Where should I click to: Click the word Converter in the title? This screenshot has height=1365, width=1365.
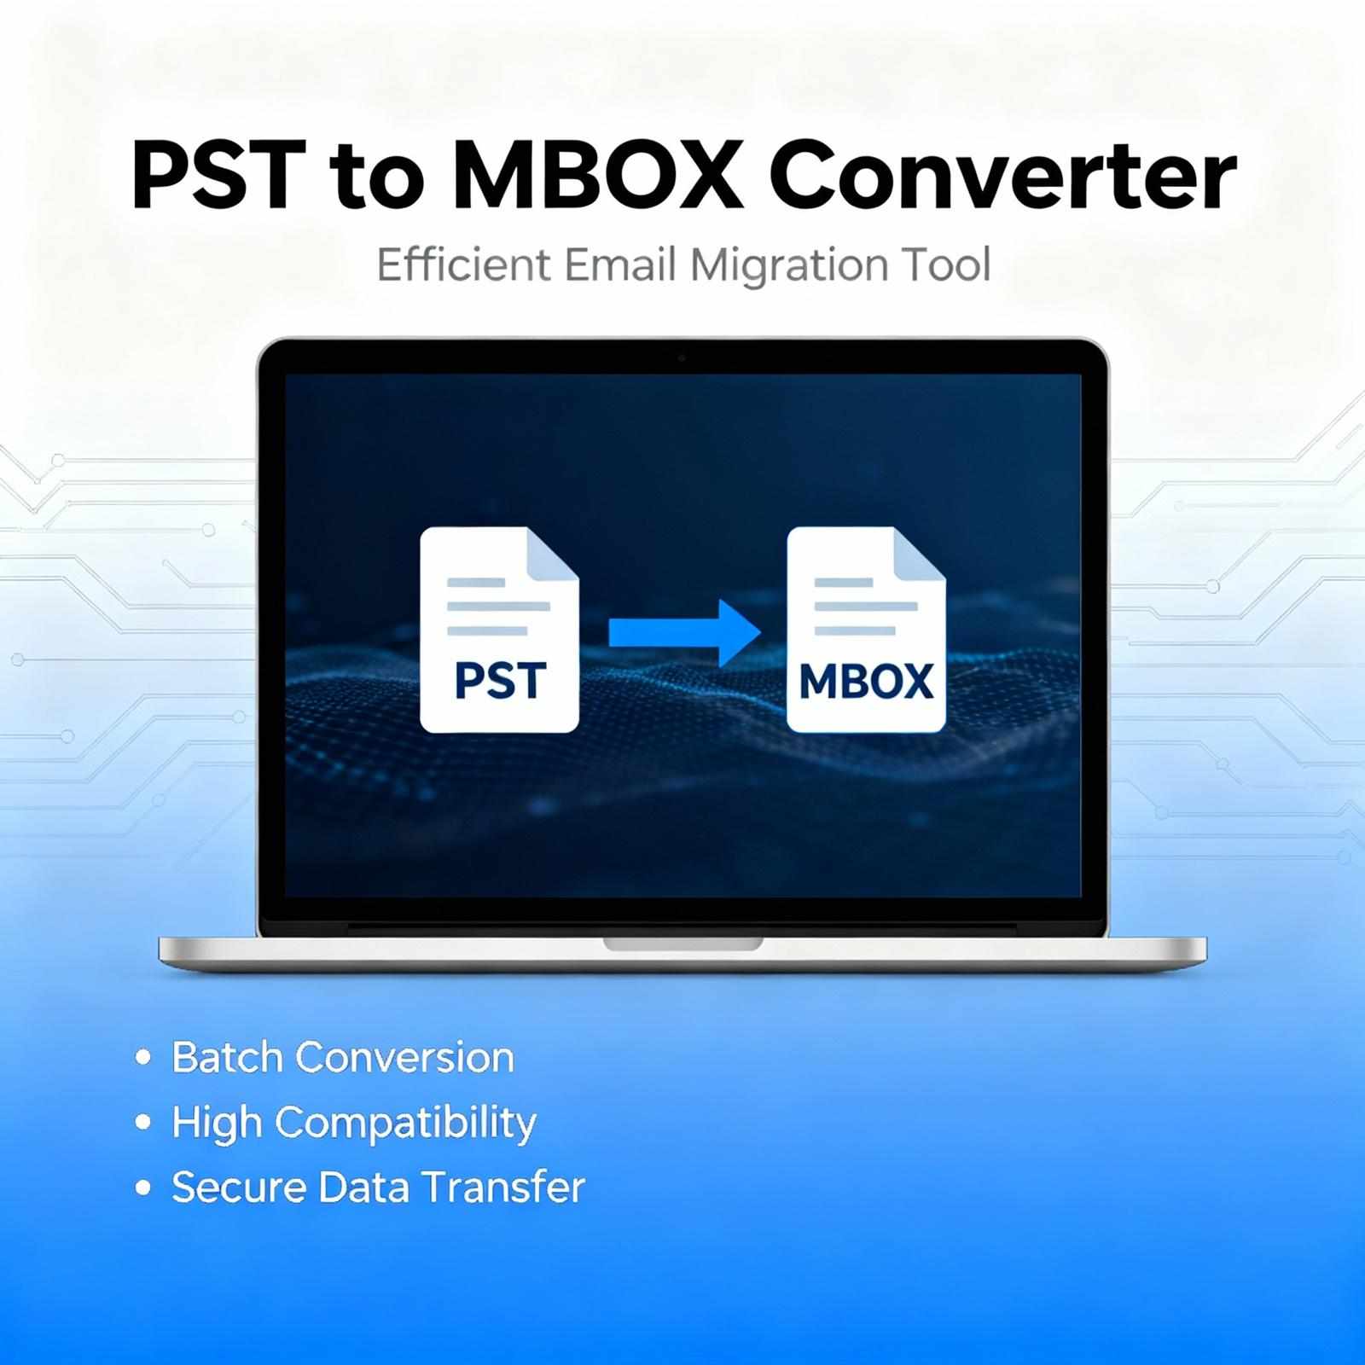point(1002,177)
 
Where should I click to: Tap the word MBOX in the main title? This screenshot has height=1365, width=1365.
point(595,175)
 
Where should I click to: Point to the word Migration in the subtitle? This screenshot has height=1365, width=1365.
point(777,266)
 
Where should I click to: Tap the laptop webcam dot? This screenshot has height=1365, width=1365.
point(681,358)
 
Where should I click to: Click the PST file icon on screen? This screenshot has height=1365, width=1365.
point(500,630)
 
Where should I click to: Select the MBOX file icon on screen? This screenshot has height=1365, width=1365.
point(866,630)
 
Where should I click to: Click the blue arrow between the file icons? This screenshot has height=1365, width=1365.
point(684,632)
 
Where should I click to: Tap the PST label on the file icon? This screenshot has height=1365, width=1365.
point(500,681)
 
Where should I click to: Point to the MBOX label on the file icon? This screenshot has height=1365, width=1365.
point(866,682)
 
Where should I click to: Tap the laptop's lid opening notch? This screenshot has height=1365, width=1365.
point(682,944)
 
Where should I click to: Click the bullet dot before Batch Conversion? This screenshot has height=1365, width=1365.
point(143,1058)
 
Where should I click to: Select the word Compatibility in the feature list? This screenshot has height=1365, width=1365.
point(405,1124)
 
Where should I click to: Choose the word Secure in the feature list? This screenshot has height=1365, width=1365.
point(239,1187)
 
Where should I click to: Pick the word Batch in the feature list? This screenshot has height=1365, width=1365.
point(227,1057)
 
